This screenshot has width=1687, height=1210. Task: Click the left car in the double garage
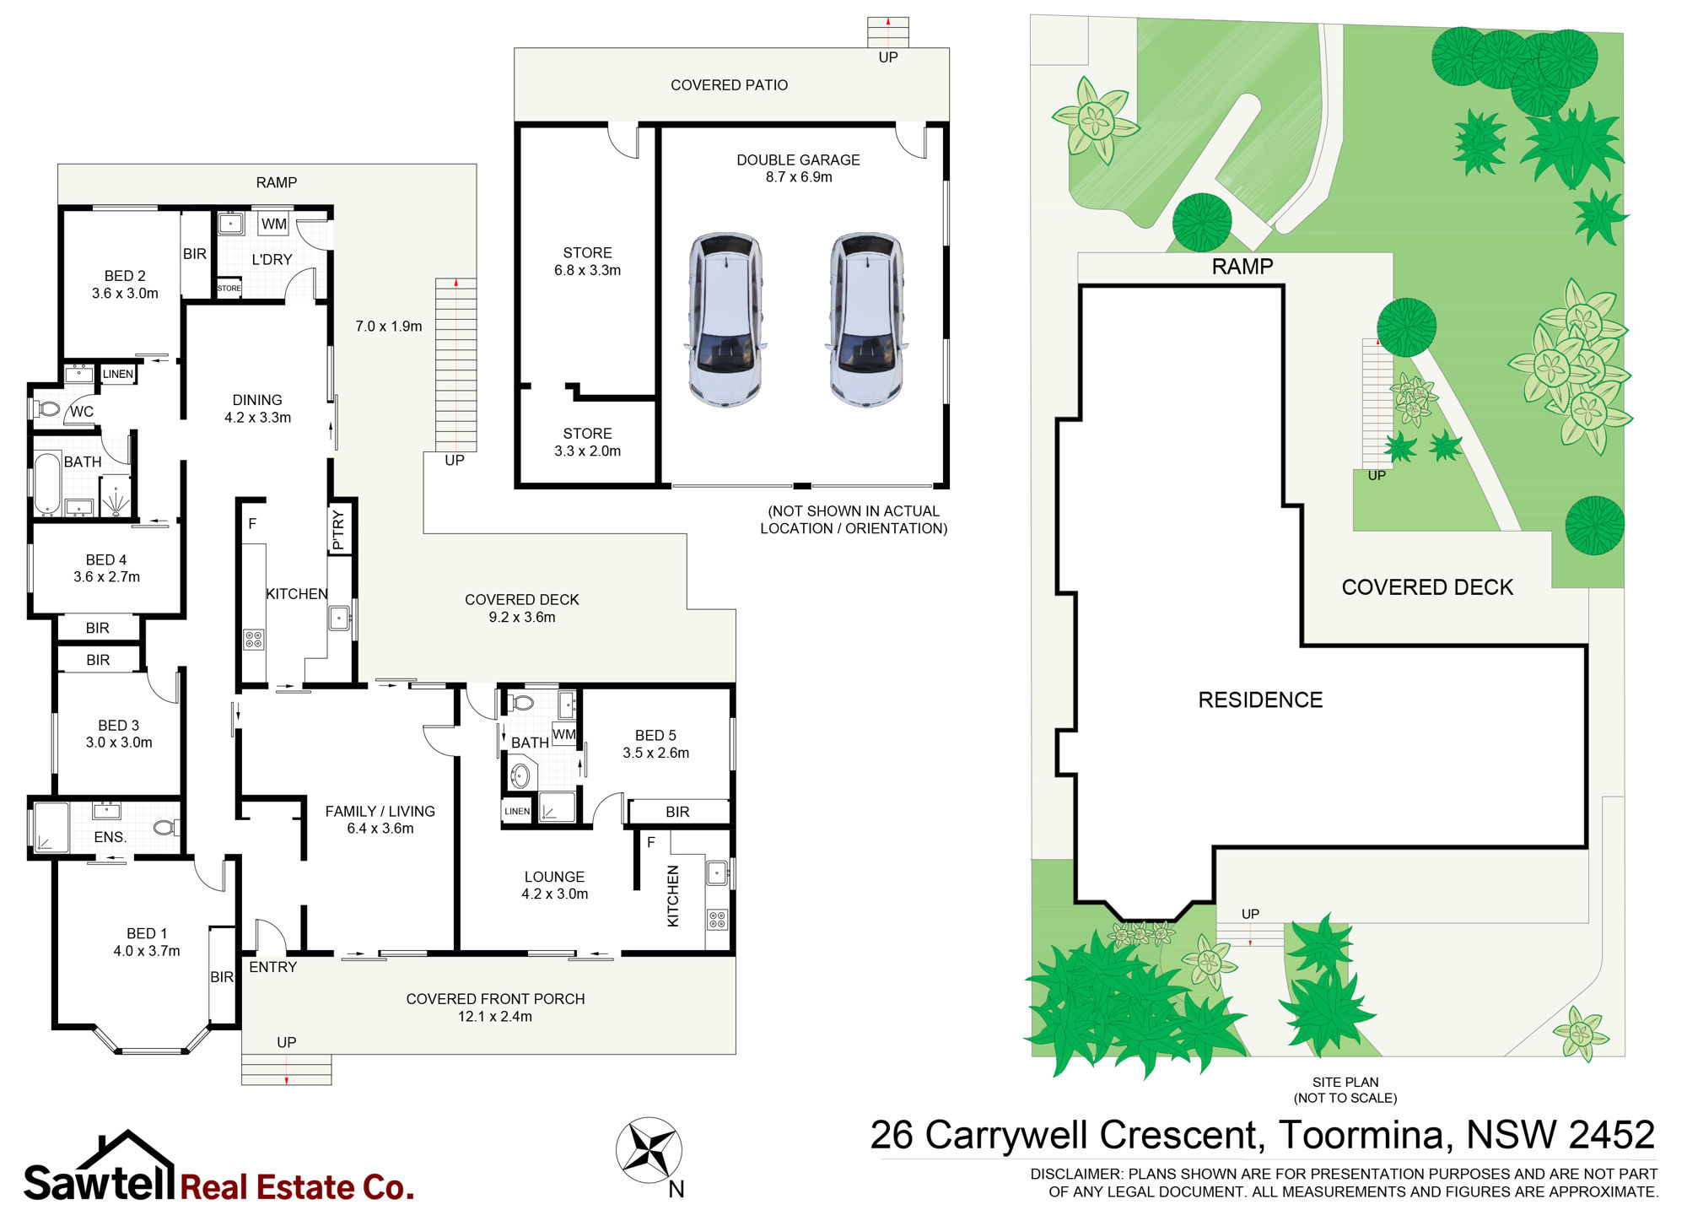click(x=725, y=320)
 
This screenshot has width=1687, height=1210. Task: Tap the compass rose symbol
click(x=649, y=1150)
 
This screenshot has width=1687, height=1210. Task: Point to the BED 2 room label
click(x=125, y=276)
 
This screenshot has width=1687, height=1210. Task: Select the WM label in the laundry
click(x=274, y=224)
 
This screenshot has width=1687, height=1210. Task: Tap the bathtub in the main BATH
click(x=47, y=483)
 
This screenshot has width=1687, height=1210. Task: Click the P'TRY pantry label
click(x=339, y=530)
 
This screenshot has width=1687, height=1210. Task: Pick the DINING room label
click(x=257, y=400)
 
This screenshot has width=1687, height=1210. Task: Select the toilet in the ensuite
click(x=167, y=827)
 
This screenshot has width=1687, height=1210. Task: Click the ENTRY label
click(x=273, y=967)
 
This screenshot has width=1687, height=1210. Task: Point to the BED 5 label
click(x=655, y=736)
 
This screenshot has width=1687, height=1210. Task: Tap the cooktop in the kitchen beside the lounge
click(x=718, y=919)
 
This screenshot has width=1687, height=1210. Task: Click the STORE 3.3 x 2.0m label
click(x=588, y=442)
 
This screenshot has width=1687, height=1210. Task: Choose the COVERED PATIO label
click(x=730, y=85)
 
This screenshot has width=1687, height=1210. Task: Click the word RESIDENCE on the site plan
click(x=1261, y=700)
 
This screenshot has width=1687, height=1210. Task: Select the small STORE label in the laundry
click(x=229, y=289)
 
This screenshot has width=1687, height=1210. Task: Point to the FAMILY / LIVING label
click(x=380, y=811)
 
